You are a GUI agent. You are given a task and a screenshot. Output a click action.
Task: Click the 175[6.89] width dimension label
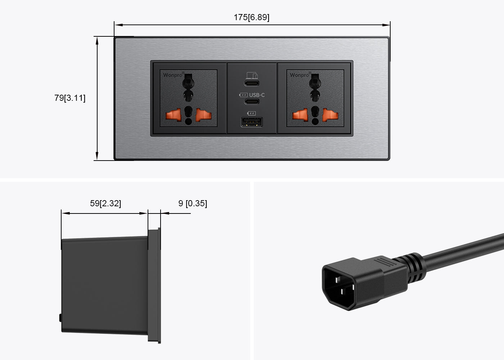(x=251, y=17)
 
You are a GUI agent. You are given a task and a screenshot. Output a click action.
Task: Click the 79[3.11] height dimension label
(x=70, y=98)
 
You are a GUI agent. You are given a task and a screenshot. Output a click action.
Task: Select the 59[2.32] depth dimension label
(x=105, y=203)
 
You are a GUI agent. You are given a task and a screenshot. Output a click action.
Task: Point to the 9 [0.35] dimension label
(x=193, y=203)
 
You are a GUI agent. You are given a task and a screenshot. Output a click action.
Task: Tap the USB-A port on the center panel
(x=252, y=123)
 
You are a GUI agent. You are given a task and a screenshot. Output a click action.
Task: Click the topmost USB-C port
(x=252, y=84)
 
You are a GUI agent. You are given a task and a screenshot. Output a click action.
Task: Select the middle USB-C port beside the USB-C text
(x=252, y=101)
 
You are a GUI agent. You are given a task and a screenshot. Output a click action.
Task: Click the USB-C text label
(x=257, y=95)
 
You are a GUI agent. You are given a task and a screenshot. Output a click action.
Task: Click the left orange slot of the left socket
(x=172, y=115)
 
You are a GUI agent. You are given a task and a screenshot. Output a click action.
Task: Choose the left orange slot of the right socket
(x=298, y=115)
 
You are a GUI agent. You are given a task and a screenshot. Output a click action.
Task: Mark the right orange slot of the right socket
(x=330, y=115)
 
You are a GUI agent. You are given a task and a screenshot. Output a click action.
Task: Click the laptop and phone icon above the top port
(x=252, y=75)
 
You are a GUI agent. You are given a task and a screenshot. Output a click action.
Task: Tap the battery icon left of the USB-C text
(x=243, y=95)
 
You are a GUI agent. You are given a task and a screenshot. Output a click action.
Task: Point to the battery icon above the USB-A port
(x=252, y=113)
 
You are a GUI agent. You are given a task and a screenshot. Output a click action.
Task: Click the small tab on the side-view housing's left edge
(x=60, y=318)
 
